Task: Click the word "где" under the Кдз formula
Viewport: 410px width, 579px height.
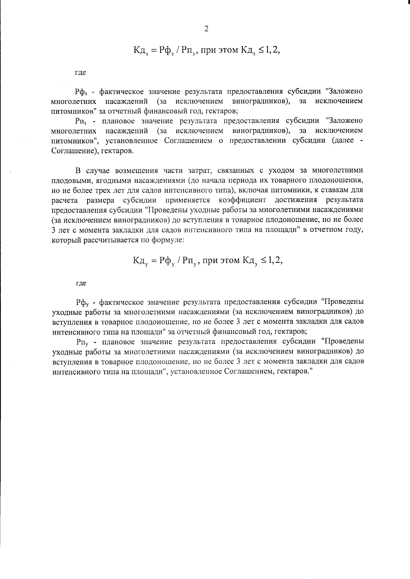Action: pyautogui.click(x=80, y=73)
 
